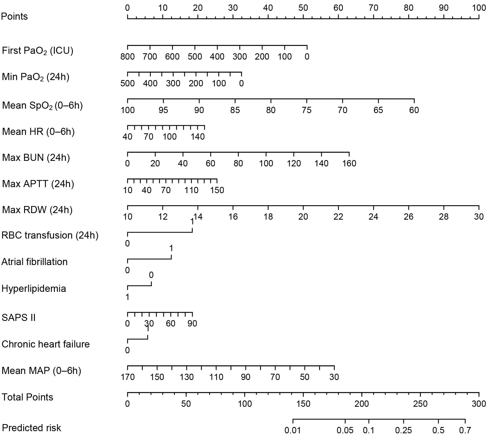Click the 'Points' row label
pos(14,16)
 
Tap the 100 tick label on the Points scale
pos(479,8)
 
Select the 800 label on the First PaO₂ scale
pos(127,56)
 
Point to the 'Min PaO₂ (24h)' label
pos(36,77)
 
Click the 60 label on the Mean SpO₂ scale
pos(414,110)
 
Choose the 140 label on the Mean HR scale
pos(197,136)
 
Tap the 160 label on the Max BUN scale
pos(349,163)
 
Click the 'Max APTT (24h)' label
pos(38,184)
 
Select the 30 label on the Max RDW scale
pos(479,217)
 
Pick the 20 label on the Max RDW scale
pos(303,217)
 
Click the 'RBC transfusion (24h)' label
pos(50,235)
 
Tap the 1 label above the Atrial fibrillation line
pos(171,248)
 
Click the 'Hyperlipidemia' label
pos(34,289)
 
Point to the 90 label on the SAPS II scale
pos(192,323)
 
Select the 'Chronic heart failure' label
pos(46,344)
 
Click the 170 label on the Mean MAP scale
pos(127,377)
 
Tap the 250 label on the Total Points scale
pos(420,404)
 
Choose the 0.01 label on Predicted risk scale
pos(293,430)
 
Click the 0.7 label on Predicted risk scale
pos(465,430)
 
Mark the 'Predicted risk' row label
pos(31,428)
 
